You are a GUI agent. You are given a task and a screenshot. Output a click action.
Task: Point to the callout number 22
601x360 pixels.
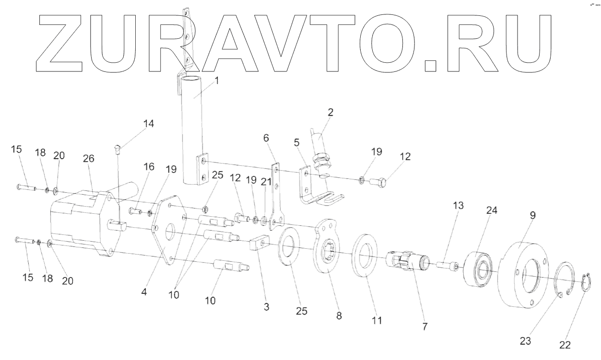564,345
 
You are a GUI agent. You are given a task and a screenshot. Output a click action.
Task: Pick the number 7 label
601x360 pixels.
425,326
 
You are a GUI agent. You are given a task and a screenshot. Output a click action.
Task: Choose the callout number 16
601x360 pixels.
149,166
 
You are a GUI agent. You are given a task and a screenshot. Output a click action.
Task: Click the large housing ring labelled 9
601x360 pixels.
520,274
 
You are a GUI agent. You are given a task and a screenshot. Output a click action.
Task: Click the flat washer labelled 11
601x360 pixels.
366,254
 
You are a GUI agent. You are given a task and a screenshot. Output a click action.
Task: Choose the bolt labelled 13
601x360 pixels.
448,264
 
